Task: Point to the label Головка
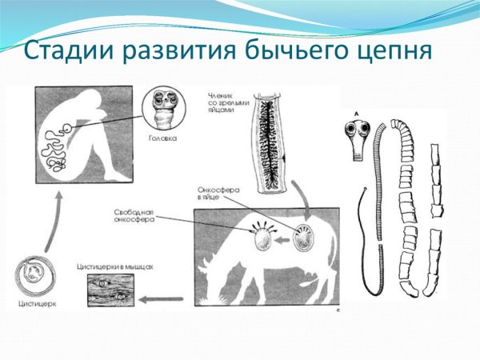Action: point(163,138)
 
